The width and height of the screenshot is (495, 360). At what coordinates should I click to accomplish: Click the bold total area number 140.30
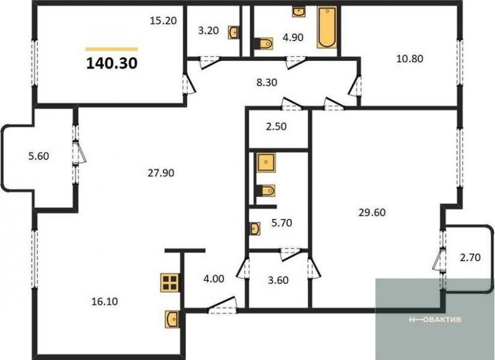112,63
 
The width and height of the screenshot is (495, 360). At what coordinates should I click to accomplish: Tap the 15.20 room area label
163,21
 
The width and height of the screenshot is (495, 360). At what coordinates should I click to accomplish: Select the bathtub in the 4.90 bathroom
327,27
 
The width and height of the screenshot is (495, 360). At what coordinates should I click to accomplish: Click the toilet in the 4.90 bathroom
264,43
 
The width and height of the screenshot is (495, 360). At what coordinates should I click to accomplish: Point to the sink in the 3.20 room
234,33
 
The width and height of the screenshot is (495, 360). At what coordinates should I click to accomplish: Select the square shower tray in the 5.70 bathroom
266,163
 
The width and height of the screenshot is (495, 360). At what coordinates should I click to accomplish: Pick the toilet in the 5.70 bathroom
266,191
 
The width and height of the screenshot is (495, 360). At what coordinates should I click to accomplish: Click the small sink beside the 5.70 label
255,228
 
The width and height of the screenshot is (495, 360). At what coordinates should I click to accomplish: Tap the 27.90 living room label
161,173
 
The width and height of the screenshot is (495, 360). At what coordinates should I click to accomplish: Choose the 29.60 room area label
372,212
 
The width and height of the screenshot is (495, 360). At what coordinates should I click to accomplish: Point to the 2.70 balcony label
470,258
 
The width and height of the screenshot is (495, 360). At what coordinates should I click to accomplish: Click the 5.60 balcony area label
38,156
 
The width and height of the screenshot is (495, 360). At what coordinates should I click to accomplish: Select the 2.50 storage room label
276,127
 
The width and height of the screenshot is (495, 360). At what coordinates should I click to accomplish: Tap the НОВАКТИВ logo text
436,320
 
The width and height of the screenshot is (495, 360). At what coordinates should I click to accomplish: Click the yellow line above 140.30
112,49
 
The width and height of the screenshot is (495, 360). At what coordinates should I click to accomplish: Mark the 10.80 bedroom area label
410,59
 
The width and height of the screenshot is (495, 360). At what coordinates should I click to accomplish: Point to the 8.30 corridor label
267,83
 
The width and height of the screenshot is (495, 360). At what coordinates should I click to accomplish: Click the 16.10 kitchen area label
105,301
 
